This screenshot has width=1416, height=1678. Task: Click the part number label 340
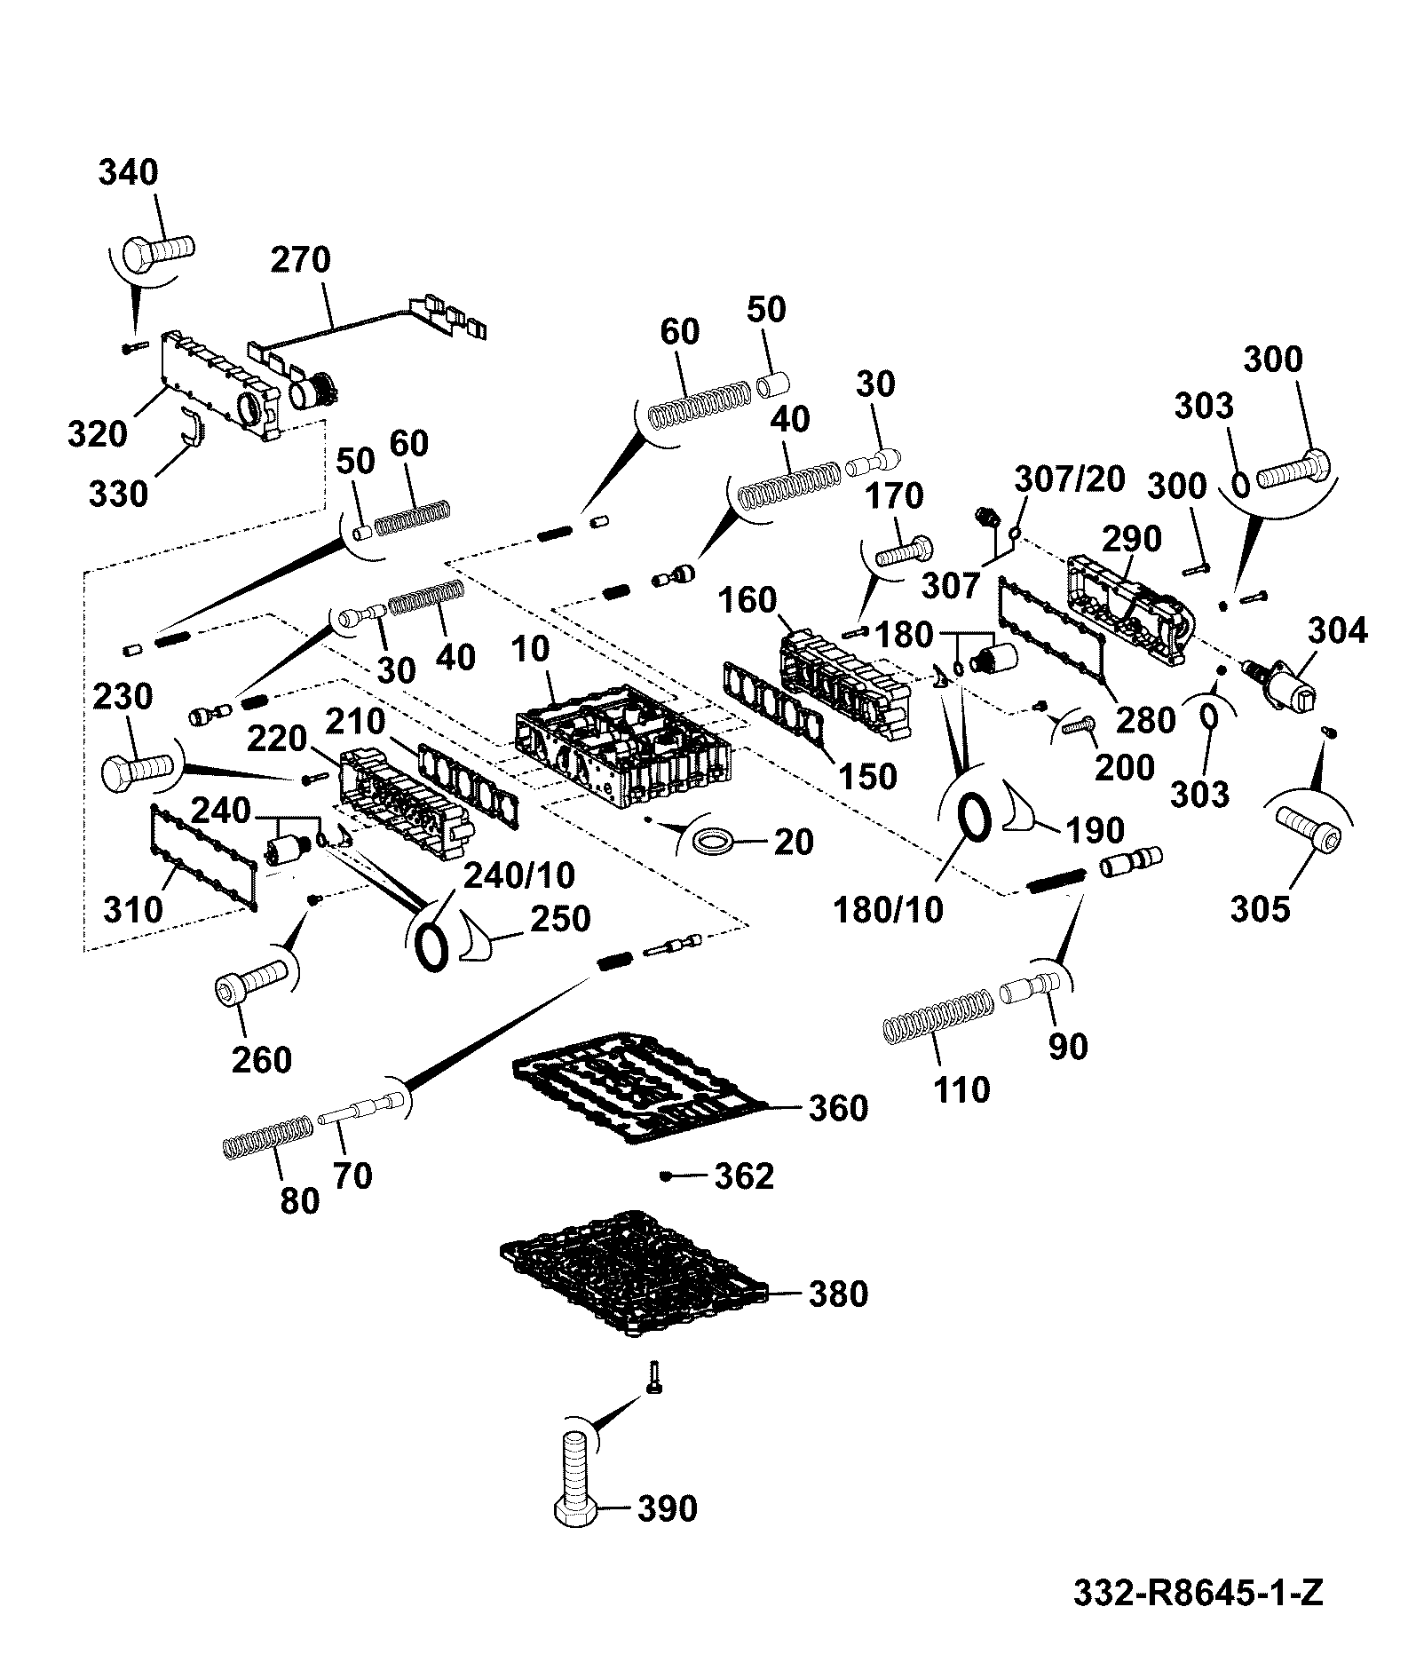[x=128, y=171]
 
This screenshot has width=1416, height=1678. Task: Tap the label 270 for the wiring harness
[x=300, y=260]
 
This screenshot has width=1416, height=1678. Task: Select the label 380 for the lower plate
[x=838, y=1294]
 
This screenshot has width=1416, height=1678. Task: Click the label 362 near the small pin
[x=744, y=1176]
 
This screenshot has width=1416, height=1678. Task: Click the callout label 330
[x=119, y=493]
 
